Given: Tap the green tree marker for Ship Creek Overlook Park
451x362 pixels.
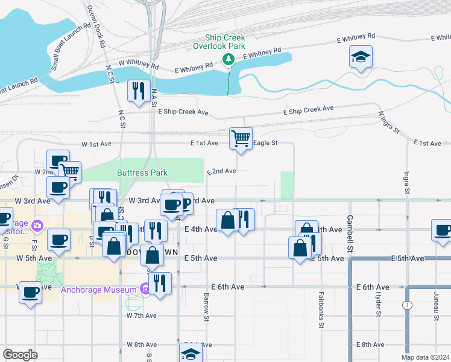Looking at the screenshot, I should (x=228, y=59).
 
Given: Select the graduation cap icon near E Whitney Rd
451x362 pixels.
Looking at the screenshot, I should (x=361, y=57).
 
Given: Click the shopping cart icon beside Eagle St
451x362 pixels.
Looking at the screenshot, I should (x=241, y=139).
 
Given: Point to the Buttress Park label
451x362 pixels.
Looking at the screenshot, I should (x=142, y=173).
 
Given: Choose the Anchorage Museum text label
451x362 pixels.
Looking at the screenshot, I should (x=99, y=290).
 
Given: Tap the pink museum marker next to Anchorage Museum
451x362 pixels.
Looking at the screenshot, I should (x=145, y=290).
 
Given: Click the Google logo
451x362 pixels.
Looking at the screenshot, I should (x=20, y=355).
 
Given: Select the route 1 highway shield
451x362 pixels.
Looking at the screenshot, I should (x=408, y=305).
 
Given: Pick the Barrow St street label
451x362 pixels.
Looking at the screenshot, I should (x=207, y=307).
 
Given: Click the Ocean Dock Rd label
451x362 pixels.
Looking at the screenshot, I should (x=96, y=27).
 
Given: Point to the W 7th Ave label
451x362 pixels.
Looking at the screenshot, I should (x=142, y=316).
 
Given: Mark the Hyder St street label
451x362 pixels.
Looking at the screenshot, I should (x=379, y=305).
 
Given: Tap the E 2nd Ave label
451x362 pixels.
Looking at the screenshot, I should (x=221, y=171).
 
